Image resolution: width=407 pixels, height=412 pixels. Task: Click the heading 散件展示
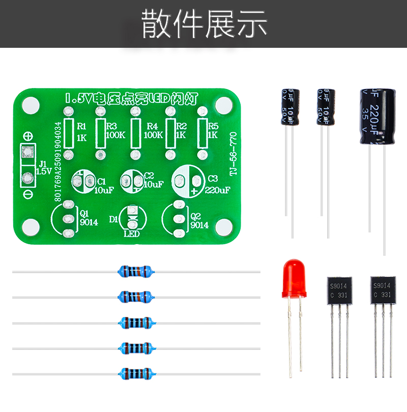203,23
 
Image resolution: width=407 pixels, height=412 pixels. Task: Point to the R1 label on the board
81,126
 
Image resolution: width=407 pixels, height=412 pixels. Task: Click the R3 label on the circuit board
111,126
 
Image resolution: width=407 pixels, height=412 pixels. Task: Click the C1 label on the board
101,181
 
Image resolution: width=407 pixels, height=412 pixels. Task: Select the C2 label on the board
149,175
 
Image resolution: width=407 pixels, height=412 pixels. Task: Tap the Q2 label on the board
195,215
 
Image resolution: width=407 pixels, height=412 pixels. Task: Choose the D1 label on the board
113,219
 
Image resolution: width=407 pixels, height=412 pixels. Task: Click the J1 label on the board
43,164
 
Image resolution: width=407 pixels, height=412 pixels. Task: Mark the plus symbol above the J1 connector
29,136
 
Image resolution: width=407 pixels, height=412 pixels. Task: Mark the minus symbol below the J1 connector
28,194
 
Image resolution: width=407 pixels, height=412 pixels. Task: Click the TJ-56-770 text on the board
234,153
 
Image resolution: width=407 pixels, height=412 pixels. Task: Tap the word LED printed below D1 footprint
132,234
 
